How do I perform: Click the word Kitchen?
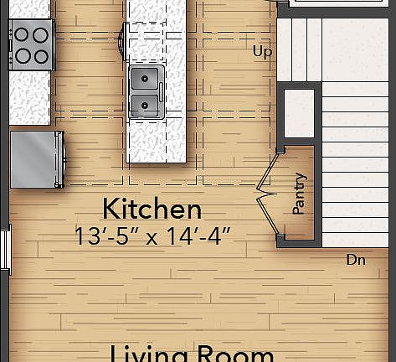(152, 209)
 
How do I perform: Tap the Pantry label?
(299, 194)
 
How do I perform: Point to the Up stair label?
(262, 52)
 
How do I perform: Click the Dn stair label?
(356, 261)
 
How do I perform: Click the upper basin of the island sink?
(146, 80)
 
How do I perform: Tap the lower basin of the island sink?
(146, 105)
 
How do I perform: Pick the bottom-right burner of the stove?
(41, 55)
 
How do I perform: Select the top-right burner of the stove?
(41, 35)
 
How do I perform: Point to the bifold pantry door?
(266, 194)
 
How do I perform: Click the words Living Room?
(192, 352)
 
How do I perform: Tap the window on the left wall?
(4, 251)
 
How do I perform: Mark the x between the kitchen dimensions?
(152, 237)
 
